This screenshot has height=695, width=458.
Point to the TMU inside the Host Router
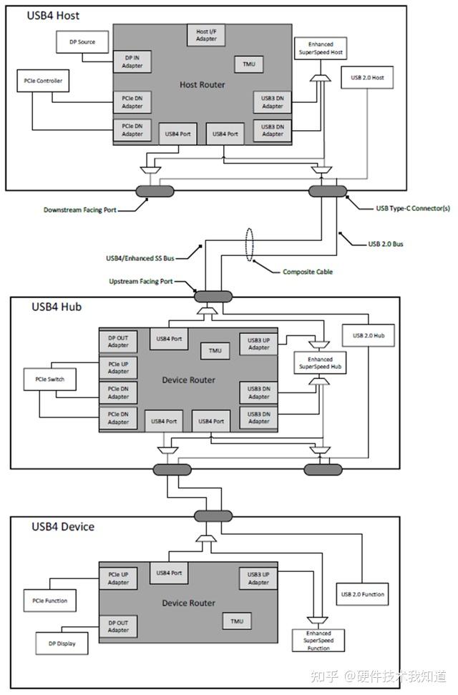pos(248,64)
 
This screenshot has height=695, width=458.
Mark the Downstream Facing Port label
pos(79,210)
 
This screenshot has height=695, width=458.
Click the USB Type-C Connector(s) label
pos(413,209)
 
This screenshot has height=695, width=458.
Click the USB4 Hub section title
pos(57,307)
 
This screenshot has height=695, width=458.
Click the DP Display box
pos(62,643)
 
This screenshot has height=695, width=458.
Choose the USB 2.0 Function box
pos(362,594)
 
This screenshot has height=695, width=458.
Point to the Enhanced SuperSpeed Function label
pos(318,641)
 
